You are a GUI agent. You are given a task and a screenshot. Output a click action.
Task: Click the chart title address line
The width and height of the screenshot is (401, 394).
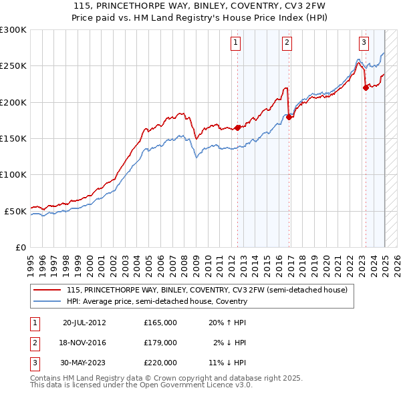click(x=200, y=5)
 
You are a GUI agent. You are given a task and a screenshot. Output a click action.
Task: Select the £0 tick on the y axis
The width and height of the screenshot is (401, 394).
click(x=21, y=247)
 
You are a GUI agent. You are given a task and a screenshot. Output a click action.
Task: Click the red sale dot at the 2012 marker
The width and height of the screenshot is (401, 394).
click(x=237, y=127)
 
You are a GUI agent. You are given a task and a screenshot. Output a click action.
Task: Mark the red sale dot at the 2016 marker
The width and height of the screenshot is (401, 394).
click(x=289, y=117)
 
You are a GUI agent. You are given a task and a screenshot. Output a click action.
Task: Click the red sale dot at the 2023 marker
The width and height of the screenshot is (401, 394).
click(x=366, y=87)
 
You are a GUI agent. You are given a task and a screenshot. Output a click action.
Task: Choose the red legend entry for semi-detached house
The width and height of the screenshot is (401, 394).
click(x=207, y=290)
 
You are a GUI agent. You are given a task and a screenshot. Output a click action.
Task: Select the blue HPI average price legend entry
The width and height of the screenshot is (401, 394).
click(x=157, y=301)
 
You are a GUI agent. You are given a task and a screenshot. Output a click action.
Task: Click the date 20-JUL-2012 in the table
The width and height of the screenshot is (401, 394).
click(x=84, y=323)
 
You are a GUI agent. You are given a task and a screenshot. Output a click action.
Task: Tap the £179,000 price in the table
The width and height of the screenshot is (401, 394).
click(x=160, y=343)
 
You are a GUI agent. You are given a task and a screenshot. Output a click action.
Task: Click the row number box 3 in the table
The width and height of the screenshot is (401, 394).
click(x=34, y=363)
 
